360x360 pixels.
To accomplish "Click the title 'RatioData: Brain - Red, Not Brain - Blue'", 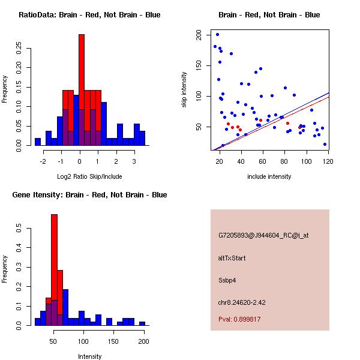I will point(89,15).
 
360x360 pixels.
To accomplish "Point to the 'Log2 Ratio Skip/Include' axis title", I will point(90,176).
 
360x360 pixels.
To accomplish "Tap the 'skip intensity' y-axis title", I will point(184,90).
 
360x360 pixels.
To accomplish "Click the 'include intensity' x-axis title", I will point(269,176).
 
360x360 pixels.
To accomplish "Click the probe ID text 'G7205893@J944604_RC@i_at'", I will point(263,236).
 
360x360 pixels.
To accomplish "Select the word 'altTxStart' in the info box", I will point(232,258).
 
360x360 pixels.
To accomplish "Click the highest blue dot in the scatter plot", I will point(217,34).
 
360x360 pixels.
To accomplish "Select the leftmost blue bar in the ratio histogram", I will point(38,142).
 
